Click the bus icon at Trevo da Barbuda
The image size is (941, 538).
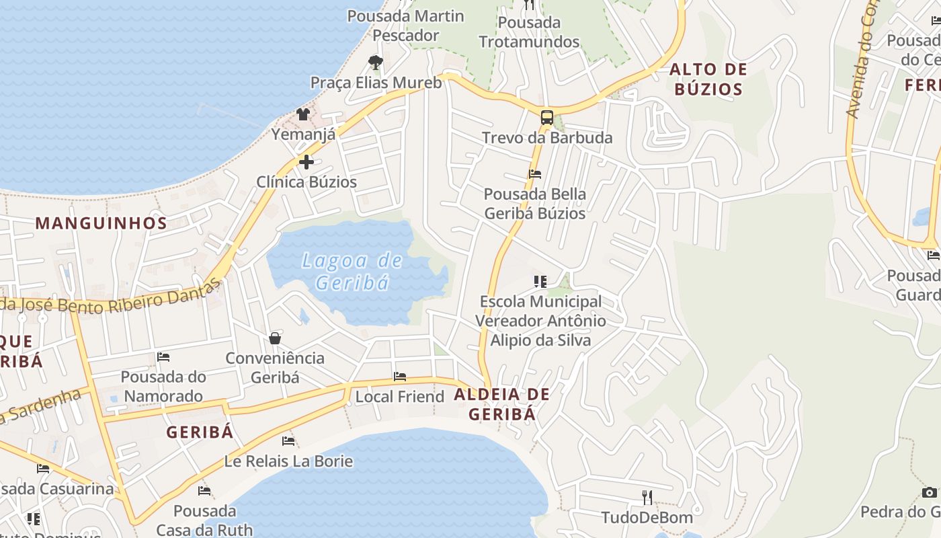click(547, 118)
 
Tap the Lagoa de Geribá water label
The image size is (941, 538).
click(352, 271)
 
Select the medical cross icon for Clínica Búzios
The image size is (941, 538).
click(306, 161)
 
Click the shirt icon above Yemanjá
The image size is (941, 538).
click(303, 114)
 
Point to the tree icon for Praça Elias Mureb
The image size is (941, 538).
click(376, 63)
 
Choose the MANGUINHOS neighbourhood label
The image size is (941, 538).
click(101, 223)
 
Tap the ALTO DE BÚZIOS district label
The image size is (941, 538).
click(708, 79)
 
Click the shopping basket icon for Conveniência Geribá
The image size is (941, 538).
click(275, 338)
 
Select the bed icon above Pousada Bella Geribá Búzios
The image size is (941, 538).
click(535, 174)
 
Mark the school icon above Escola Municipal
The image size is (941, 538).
click(540, 281)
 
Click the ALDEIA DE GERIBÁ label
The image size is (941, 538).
click(502, 404)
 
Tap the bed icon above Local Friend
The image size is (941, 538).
click(400, 377)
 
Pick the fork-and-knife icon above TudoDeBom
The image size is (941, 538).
click(647, 497)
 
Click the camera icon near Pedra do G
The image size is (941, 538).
click(930, 492)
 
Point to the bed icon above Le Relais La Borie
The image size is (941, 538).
click(288, 441)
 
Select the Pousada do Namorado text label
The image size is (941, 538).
click(163, 386)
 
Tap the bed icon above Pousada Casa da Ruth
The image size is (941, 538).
click(204, 491)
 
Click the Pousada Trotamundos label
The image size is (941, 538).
click(529, 32)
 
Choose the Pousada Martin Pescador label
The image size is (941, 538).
click(406, 26)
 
